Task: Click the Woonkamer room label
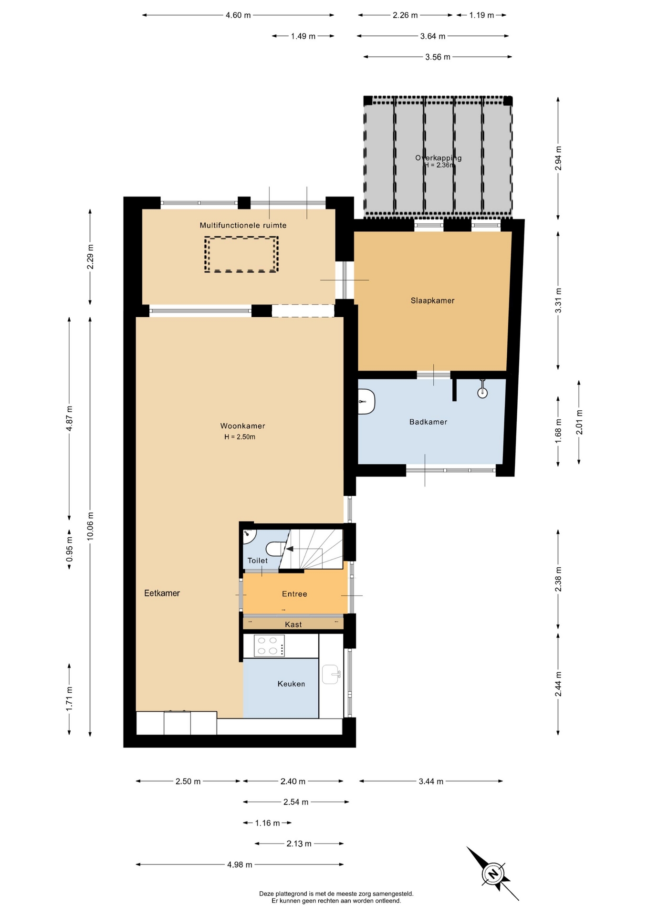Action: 242,426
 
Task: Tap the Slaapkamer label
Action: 432,301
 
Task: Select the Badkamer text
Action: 428,422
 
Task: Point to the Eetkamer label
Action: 162,593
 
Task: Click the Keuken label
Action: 291,684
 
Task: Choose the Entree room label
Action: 294,594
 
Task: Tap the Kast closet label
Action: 293,625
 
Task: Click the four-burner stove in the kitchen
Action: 269,645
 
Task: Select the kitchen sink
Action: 331,674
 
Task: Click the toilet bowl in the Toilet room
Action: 274,549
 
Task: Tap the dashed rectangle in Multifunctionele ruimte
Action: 241,254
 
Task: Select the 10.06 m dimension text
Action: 90,526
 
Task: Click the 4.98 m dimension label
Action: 240,864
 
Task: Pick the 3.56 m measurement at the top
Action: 438,57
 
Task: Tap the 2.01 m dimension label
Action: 579,422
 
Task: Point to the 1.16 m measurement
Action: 267,823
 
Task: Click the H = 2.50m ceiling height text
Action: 240,437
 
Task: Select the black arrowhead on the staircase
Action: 290,549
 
